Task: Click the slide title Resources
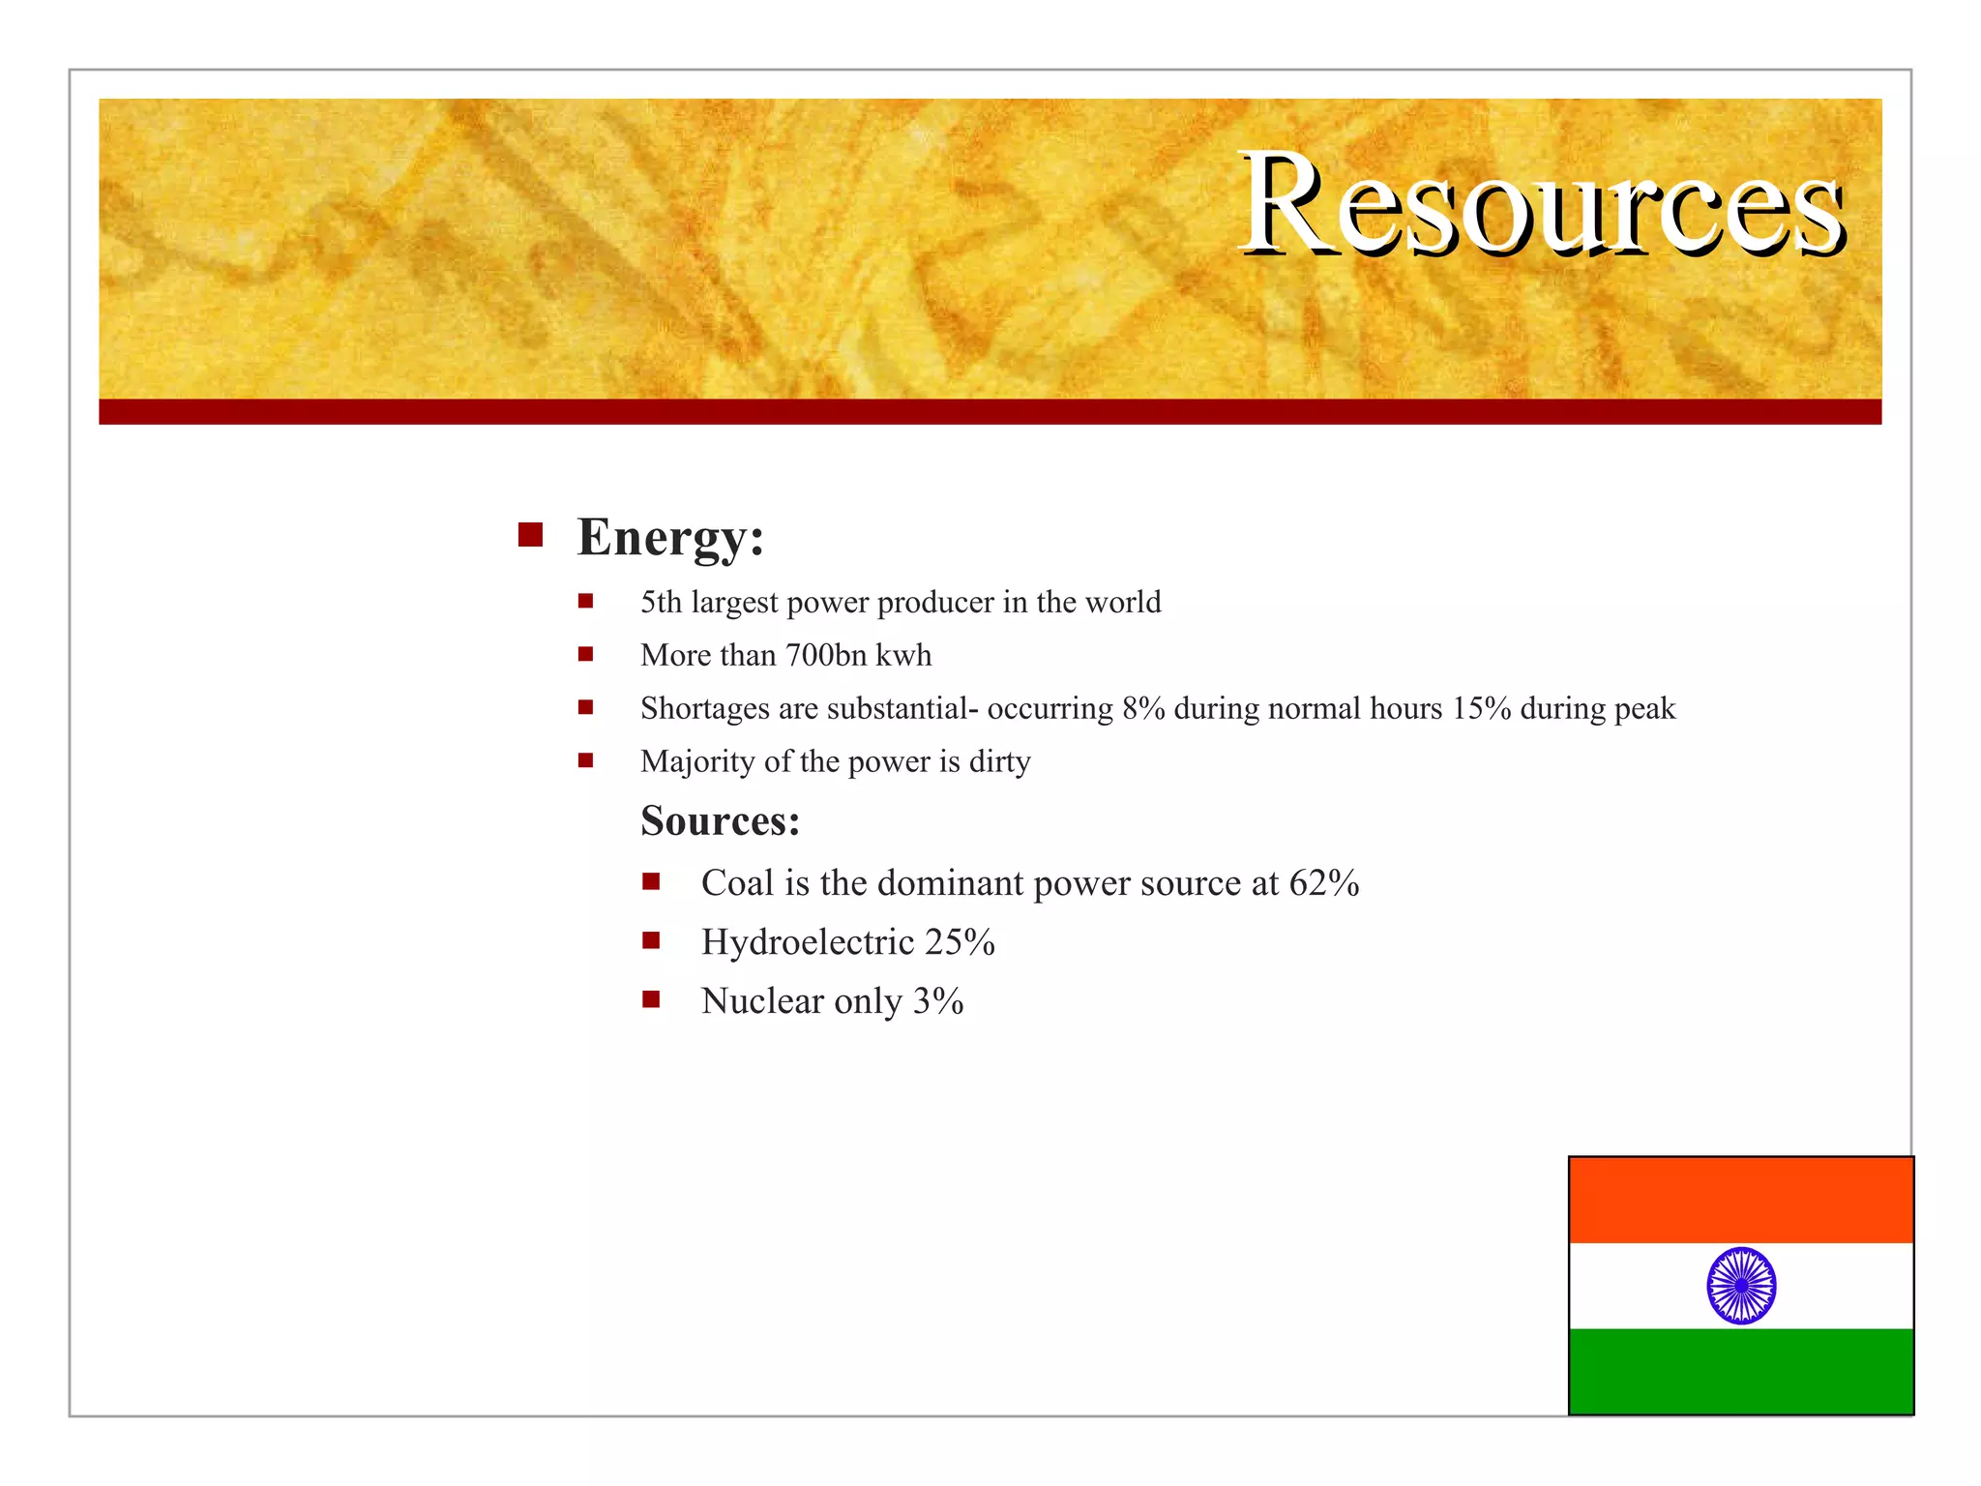[1542, 205]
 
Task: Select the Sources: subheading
[720, 821]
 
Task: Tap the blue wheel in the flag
[1741, 1286]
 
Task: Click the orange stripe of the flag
[1741, 1201]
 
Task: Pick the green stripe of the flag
[1741, 1371]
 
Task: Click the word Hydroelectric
[808, 942]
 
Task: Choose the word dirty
[999, 762]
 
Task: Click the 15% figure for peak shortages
[1481, 709]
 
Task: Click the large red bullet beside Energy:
[530, 535]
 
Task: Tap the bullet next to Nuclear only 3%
[651, 999]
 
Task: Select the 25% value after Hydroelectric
[960, 942]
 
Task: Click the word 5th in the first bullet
[661, 603]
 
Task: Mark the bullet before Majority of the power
[585, 760]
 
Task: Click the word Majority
[697, 762]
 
